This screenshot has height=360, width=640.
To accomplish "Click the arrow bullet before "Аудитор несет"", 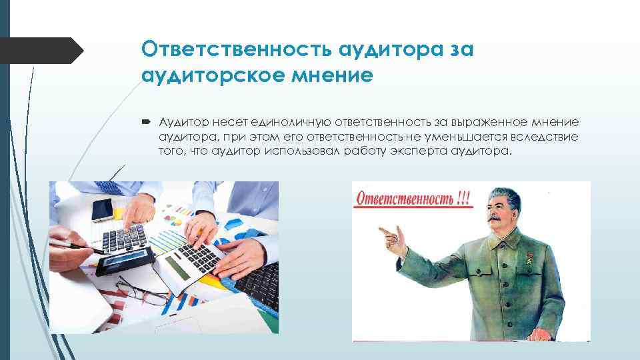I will tap(147, 122).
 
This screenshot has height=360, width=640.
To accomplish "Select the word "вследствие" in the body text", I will tap(547, 137).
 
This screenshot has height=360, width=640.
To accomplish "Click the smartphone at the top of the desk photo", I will tap(102, 209).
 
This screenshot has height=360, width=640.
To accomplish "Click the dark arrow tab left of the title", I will tap(40, 50).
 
